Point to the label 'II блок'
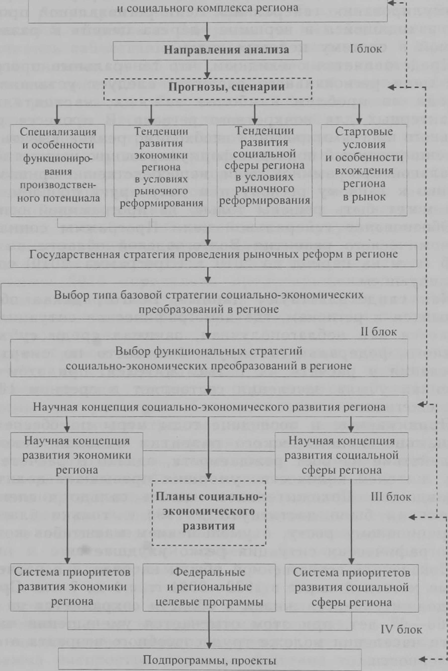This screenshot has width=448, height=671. (379, 332)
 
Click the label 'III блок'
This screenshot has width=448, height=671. (391, 497)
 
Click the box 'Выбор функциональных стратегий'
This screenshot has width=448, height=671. (209, 358)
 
